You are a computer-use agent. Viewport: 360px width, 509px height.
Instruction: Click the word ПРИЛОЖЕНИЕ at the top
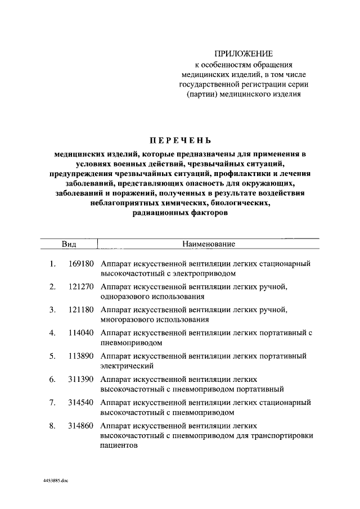click(x=244, y=53)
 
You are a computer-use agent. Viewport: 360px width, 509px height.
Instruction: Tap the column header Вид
click(x=69, y=244)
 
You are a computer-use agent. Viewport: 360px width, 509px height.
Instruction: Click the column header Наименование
click(x=208, y=244)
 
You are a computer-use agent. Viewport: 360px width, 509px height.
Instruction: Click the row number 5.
click(x=52, y=356)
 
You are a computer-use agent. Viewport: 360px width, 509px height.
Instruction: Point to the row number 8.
click(x=52, y=426)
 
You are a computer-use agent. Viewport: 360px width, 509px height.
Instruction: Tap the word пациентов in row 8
click(x=118, y=445)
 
